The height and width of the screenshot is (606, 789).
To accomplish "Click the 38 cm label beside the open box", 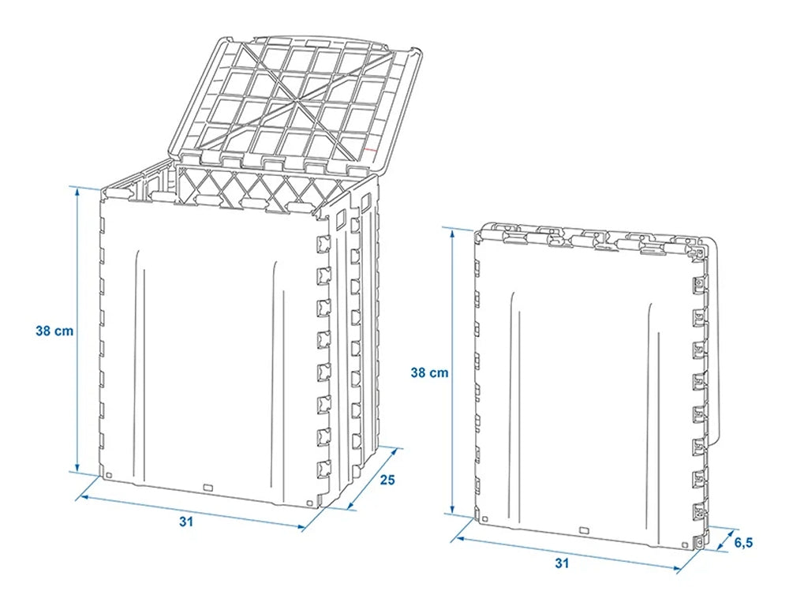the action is [54, 331].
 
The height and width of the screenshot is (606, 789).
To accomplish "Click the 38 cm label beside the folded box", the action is [429, 373].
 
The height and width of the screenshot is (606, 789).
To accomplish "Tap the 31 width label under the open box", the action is [186, 522].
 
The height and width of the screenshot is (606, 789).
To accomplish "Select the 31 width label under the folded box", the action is [562, 563].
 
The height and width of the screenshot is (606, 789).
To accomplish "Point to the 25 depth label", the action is [387, 480].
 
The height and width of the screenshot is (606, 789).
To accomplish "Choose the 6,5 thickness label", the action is [743, 543].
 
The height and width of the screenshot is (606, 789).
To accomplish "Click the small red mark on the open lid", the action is [370, 150].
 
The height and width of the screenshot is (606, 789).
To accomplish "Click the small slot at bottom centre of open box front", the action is [208, 487].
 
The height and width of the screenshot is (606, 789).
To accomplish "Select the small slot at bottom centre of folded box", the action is [584, 530].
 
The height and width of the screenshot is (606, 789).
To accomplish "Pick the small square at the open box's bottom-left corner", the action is [110, 474].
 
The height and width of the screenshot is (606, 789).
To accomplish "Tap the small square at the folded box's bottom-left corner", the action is [484, 518].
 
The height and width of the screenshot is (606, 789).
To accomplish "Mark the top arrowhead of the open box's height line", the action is [77, 189].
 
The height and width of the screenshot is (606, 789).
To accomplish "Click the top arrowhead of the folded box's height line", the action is [452, 231].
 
